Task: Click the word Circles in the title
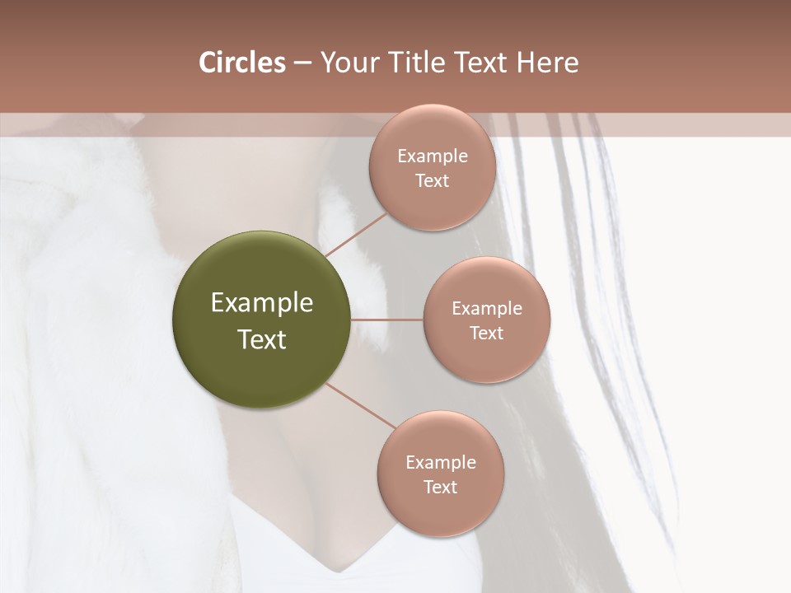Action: pos(241,63)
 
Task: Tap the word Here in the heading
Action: pos(547,63)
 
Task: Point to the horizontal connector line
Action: pos(387,320)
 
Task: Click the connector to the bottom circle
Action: pos(359,405)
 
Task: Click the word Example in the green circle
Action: pos(261,303)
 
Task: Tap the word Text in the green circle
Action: pos(261,339)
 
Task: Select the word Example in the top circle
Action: pos(432,156)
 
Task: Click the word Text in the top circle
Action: pos(432,180)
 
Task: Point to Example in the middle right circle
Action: pos(486,309)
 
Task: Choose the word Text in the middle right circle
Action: pos(486,333)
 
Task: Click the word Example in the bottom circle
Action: pos(440,463)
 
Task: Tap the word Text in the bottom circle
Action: pos(440,487)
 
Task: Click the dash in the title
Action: pos(302,63)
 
